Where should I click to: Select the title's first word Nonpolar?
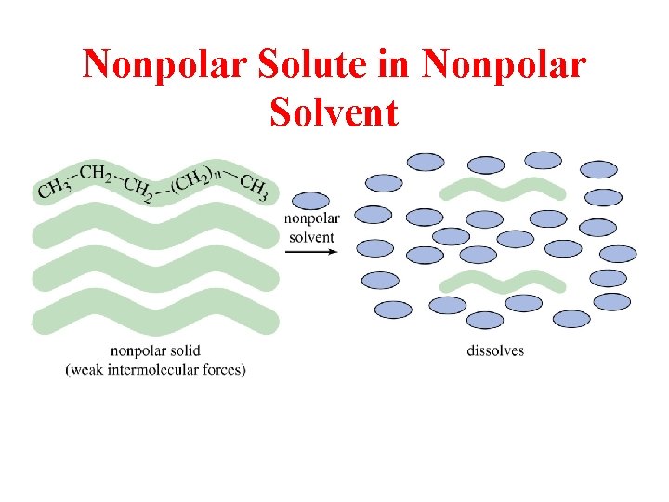154,65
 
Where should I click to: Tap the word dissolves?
495,351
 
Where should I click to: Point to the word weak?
87,370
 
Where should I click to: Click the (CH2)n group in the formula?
199,178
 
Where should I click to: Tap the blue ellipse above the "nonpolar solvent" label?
310,201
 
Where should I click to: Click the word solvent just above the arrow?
311,237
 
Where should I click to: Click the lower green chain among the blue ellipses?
502,281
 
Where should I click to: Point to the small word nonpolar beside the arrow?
311,219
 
